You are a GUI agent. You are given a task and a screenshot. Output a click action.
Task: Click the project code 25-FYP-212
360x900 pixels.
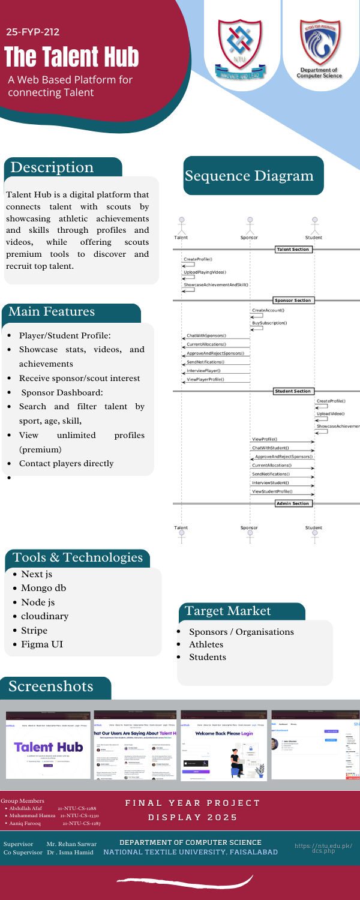pos(33,32)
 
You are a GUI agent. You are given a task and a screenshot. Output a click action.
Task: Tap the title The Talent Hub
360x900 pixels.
pos(72,57)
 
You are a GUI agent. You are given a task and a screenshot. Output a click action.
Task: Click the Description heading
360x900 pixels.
pos(58,167)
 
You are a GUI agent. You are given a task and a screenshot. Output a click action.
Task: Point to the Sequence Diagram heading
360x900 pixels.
pos(249,176)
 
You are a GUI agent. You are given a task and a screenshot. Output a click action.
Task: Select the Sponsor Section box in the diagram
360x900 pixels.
pos(292,300)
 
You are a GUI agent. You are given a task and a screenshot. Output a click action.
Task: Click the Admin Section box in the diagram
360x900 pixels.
pos(292,503)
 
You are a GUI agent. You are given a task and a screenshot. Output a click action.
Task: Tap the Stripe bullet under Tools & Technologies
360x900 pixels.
pos(34,630)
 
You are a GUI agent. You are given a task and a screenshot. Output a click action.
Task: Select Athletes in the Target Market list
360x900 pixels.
pos(206,644)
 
